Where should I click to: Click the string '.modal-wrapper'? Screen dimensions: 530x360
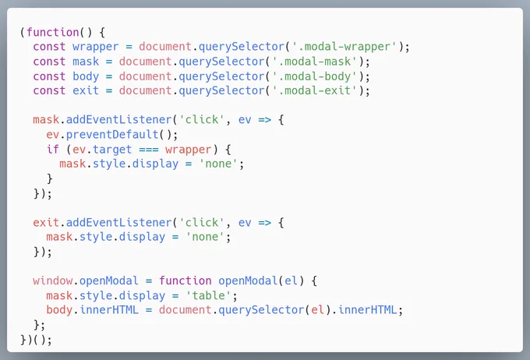(x=344, y=47)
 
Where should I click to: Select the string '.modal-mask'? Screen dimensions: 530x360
(x=315, y=62)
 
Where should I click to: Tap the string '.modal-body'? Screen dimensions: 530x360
(x=315, y=76)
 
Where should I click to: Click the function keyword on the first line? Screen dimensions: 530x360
(x=53, y=33)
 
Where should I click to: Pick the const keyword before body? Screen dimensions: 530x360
(x=49, y=76)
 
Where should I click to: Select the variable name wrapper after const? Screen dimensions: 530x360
(x=96, y=47)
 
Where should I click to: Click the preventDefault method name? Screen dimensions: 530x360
(x=112, y=135)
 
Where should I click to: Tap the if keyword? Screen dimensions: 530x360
(x=53, y=149)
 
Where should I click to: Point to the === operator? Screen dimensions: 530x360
(x=149, y=150)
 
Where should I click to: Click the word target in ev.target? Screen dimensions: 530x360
(x=112, y=150)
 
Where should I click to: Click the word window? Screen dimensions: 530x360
(x=53, y=281)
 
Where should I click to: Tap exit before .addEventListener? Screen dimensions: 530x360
(x=46, y=222)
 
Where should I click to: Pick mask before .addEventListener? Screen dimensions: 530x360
(x=46, y=120)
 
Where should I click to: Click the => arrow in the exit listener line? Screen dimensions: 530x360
(x=265, y=223)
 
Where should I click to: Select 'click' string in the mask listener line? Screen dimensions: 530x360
(x=202, y=119)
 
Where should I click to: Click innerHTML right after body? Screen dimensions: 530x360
(x=109, y=309)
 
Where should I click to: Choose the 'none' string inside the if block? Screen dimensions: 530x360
(x=218, y=164)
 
